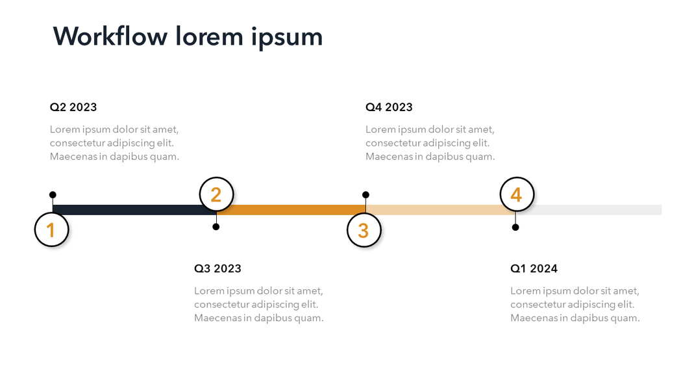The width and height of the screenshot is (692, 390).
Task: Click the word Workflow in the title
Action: click(x=110, y=36)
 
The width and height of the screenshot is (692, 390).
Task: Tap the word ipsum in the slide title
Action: click(x=287, y=38)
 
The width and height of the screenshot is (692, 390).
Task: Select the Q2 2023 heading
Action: click(x=73, y=107)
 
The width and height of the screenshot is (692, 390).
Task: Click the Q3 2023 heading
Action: click(x=217, y=268)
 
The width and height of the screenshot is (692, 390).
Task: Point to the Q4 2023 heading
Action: click(x=389, y=107)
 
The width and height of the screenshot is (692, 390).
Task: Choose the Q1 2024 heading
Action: click(x=534, y=268)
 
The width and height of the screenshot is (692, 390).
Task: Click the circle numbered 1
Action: click(x=52, y=229)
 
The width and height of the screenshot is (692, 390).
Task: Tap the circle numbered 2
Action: click(x=216, y=194)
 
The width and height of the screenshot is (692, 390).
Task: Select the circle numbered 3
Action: click(x=364, y=230)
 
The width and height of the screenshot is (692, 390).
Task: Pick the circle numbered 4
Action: click(x=517, y=194)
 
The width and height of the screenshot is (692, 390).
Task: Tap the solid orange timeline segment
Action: click(x=295, y=210)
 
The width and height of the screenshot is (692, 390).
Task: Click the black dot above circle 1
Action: click(x=53, y=195)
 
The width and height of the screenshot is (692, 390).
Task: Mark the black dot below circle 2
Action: click(x=216, y=227)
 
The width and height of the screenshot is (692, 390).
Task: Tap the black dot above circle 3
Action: click(x=366, y=195)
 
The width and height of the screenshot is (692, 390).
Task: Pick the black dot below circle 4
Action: click(x=515, y=227)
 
